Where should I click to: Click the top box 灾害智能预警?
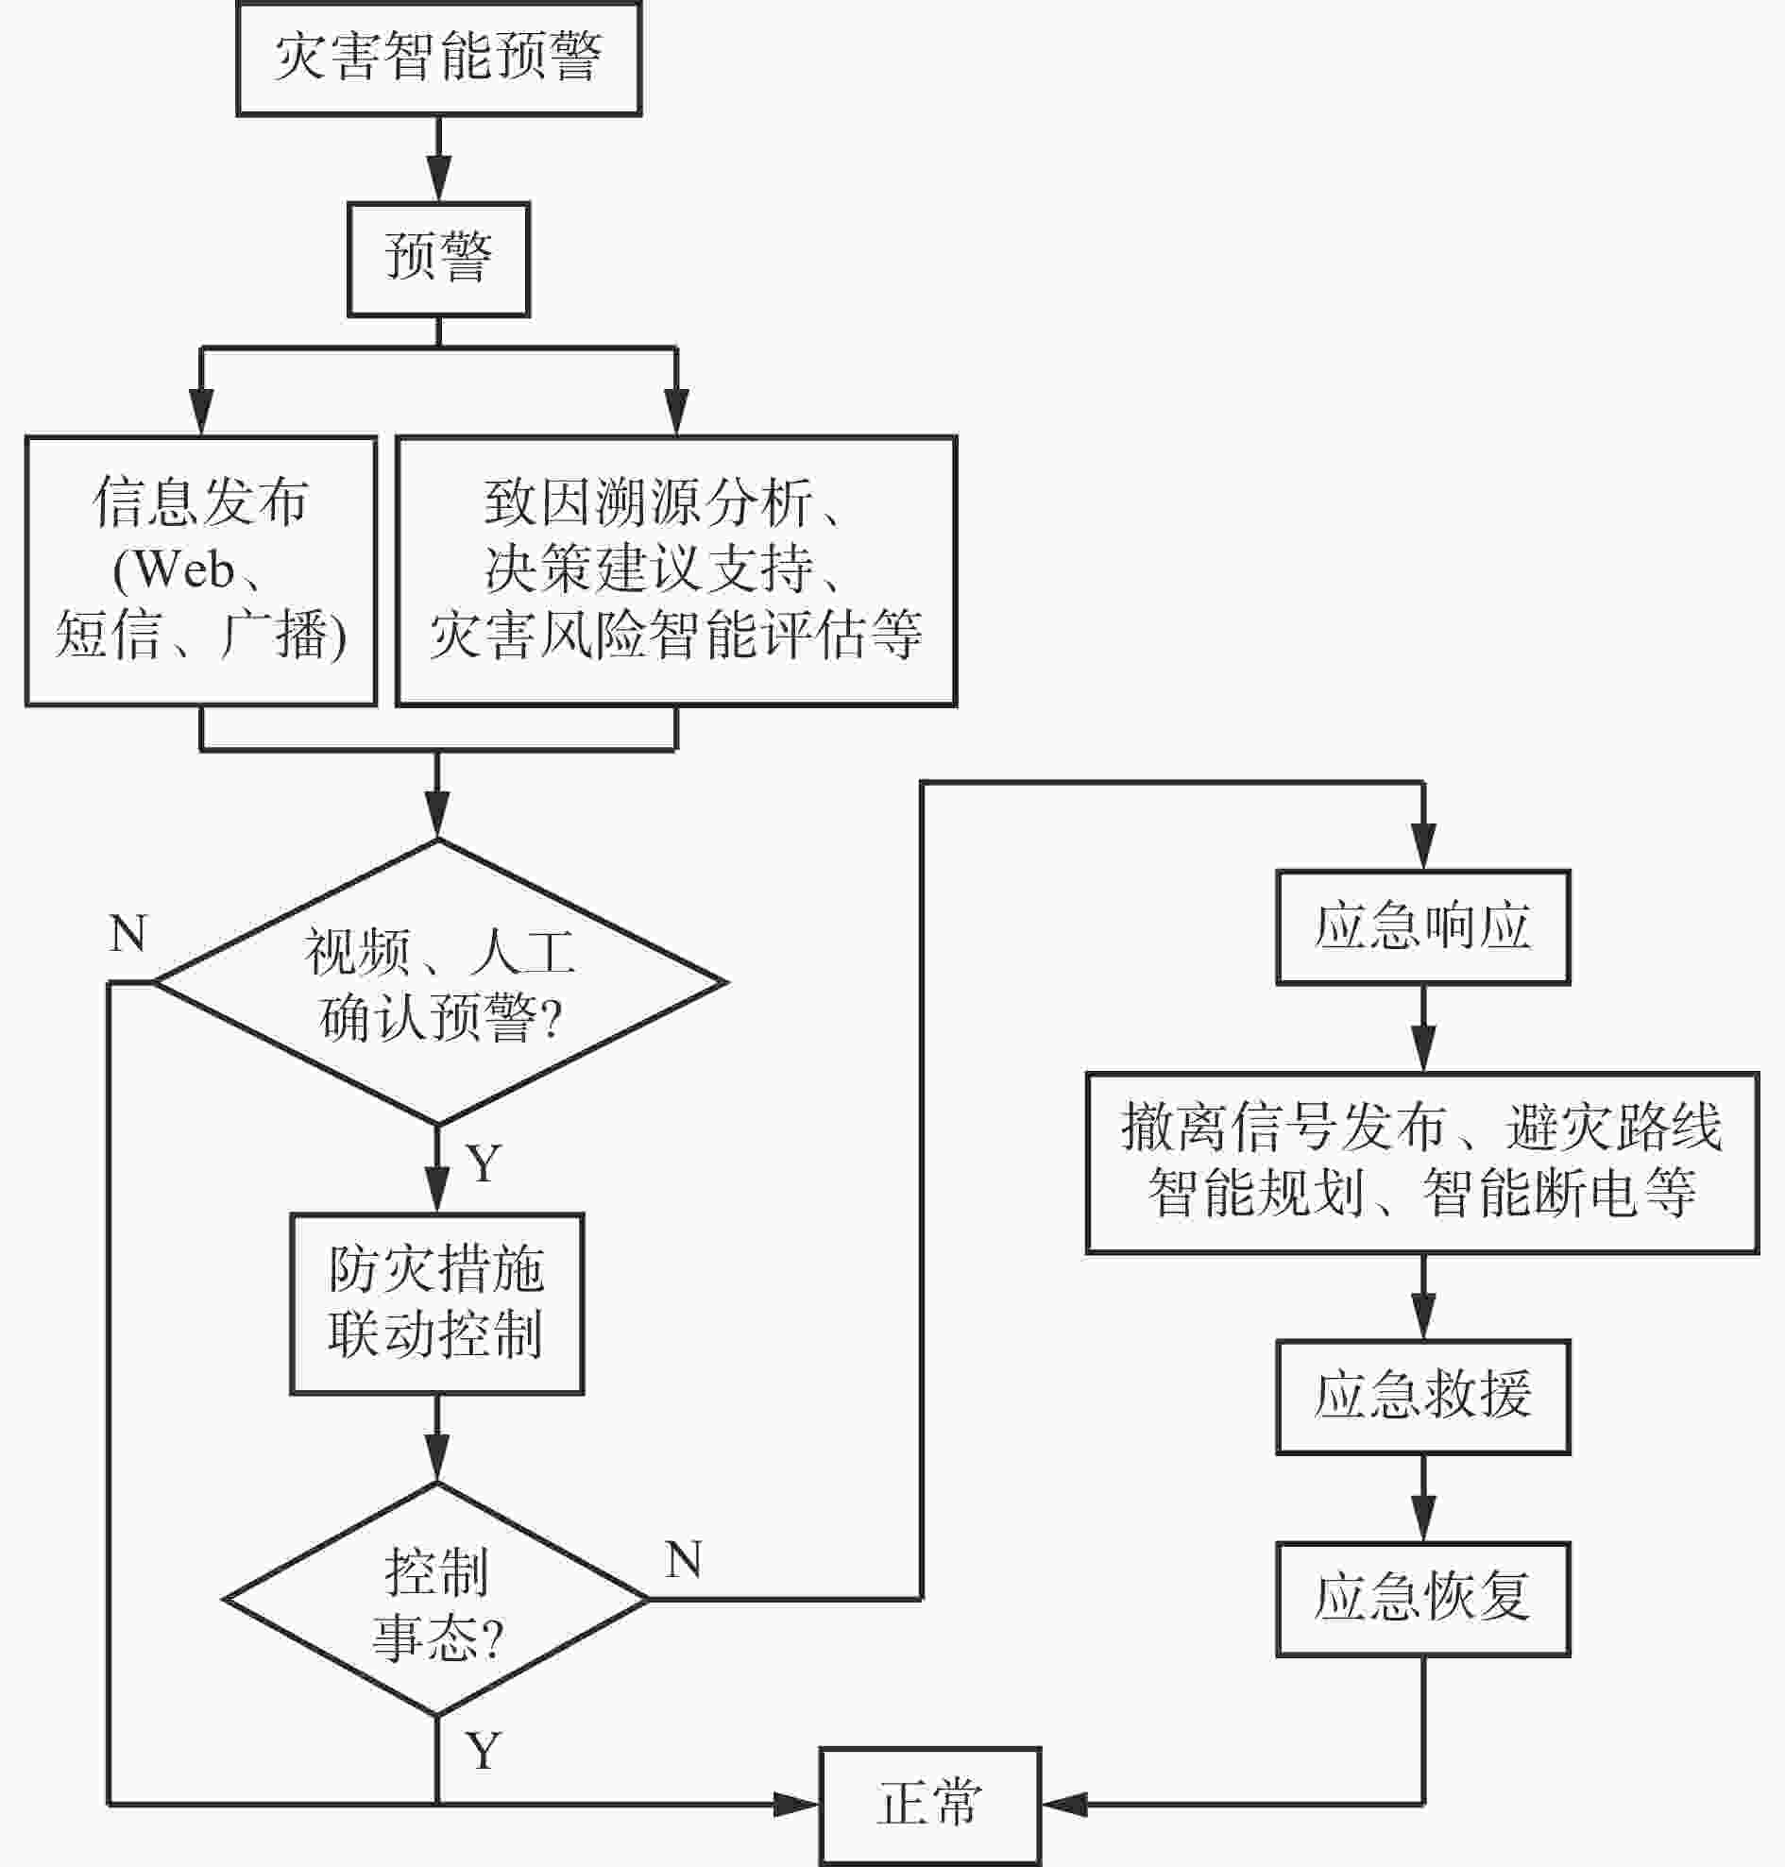point(438,58)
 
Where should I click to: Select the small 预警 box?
point(438,259)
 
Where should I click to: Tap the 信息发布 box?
point(201,571)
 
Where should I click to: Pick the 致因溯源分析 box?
point(676,571)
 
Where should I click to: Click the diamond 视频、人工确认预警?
point(438,982)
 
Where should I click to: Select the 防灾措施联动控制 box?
point(436,1303)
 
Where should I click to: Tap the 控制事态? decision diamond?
point(436,1599)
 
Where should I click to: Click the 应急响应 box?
point(1422,926)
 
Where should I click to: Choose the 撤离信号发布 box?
point(1422,1163)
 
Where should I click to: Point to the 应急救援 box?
point(1422,1397)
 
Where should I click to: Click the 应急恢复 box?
point(1422,1599)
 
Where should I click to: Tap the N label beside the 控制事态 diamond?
point(684,1560)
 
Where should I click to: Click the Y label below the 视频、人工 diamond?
point(484,1163)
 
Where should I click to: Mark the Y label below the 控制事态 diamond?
point(484,1751)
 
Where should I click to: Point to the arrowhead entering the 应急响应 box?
point(1422,845)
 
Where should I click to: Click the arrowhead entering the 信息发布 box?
point(201,412)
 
